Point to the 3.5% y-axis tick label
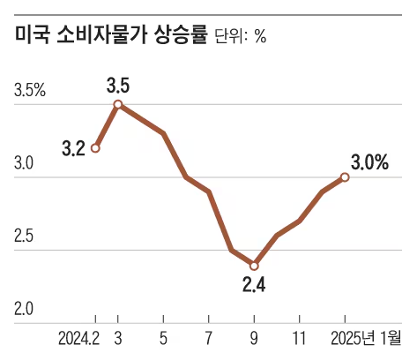click(30, 92)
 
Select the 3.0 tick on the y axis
click(24, 164)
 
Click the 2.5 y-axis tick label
click(24, 236)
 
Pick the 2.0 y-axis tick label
click(24, 309)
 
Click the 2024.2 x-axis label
click(78, 338)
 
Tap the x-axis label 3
click(118, 338)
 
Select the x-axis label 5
click(163, 338)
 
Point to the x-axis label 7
click(209, 338)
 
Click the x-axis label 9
click(254, 338)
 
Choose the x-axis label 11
click(300, 338)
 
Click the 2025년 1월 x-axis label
click(364, 338)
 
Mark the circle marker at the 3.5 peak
click(118, 104)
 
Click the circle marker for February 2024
click(95, 147)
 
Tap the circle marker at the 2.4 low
click(254, 265)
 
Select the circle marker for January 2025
click(345, 177)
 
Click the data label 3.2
click(73, 148)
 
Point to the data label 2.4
click(254, 284)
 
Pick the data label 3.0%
click(370, 162)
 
